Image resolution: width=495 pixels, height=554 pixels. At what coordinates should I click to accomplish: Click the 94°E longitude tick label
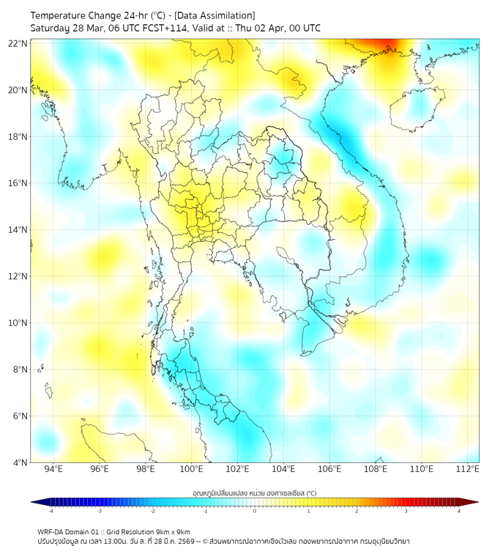tap(53, 469)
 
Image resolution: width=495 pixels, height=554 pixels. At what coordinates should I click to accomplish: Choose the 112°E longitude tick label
tap(468, 469)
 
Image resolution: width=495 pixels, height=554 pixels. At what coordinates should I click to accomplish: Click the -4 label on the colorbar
tap(50, 511)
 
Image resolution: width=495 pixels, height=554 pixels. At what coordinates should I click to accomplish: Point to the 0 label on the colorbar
tap(255, 511)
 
